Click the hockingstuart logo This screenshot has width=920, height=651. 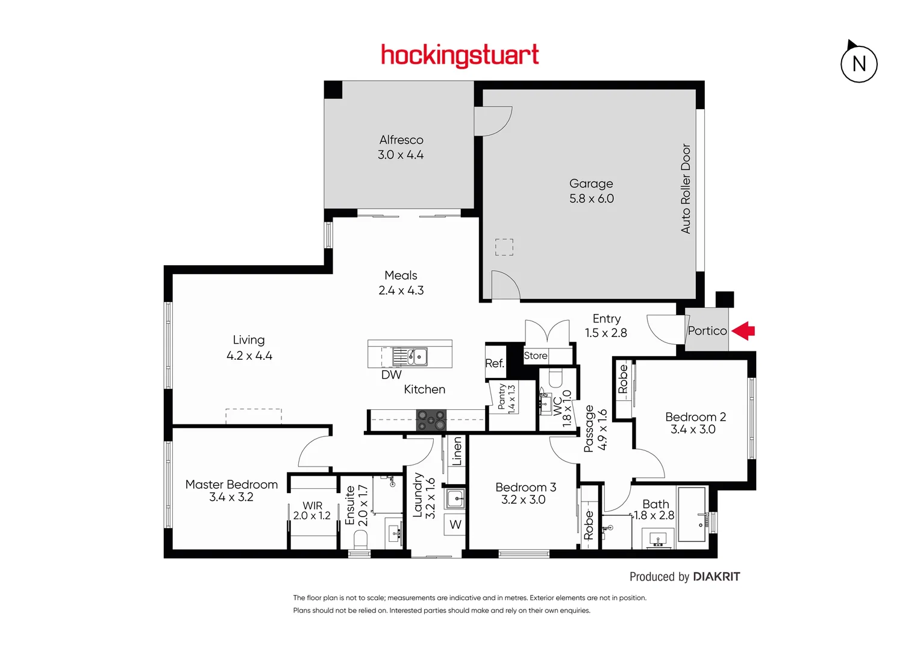pos(460,55)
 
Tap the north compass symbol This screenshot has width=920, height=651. pos(859,63)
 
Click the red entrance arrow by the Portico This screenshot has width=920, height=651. pos(744,330)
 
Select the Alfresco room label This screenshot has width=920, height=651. pos(401,140)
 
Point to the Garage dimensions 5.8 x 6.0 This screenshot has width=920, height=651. pos(592,199)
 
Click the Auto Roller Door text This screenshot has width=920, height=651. pos(686,189)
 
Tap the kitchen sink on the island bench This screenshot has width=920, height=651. pos(417,356)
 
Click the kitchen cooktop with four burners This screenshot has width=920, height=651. pos(431,420)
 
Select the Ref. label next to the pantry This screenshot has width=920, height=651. pos(495,363)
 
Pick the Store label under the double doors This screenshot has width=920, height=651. pos(536,356)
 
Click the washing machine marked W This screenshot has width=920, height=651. pos(455,524)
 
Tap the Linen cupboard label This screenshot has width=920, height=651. pos(457,451)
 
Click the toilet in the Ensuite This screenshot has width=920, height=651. pos(360,538)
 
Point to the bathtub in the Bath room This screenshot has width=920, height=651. pos(692,515)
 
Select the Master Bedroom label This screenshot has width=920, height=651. pos(231,485)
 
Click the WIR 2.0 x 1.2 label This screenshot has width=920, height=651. pos(312,511)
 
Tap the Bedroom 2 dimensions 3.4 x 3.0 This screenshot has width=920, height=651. pos(693,430)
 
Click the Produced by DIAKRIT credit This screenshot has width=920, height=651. pos(684,577)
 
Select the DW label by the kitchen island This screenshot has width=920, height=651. pos(391,375)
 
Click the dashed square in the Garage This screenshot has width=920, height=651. pos(504,247)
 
